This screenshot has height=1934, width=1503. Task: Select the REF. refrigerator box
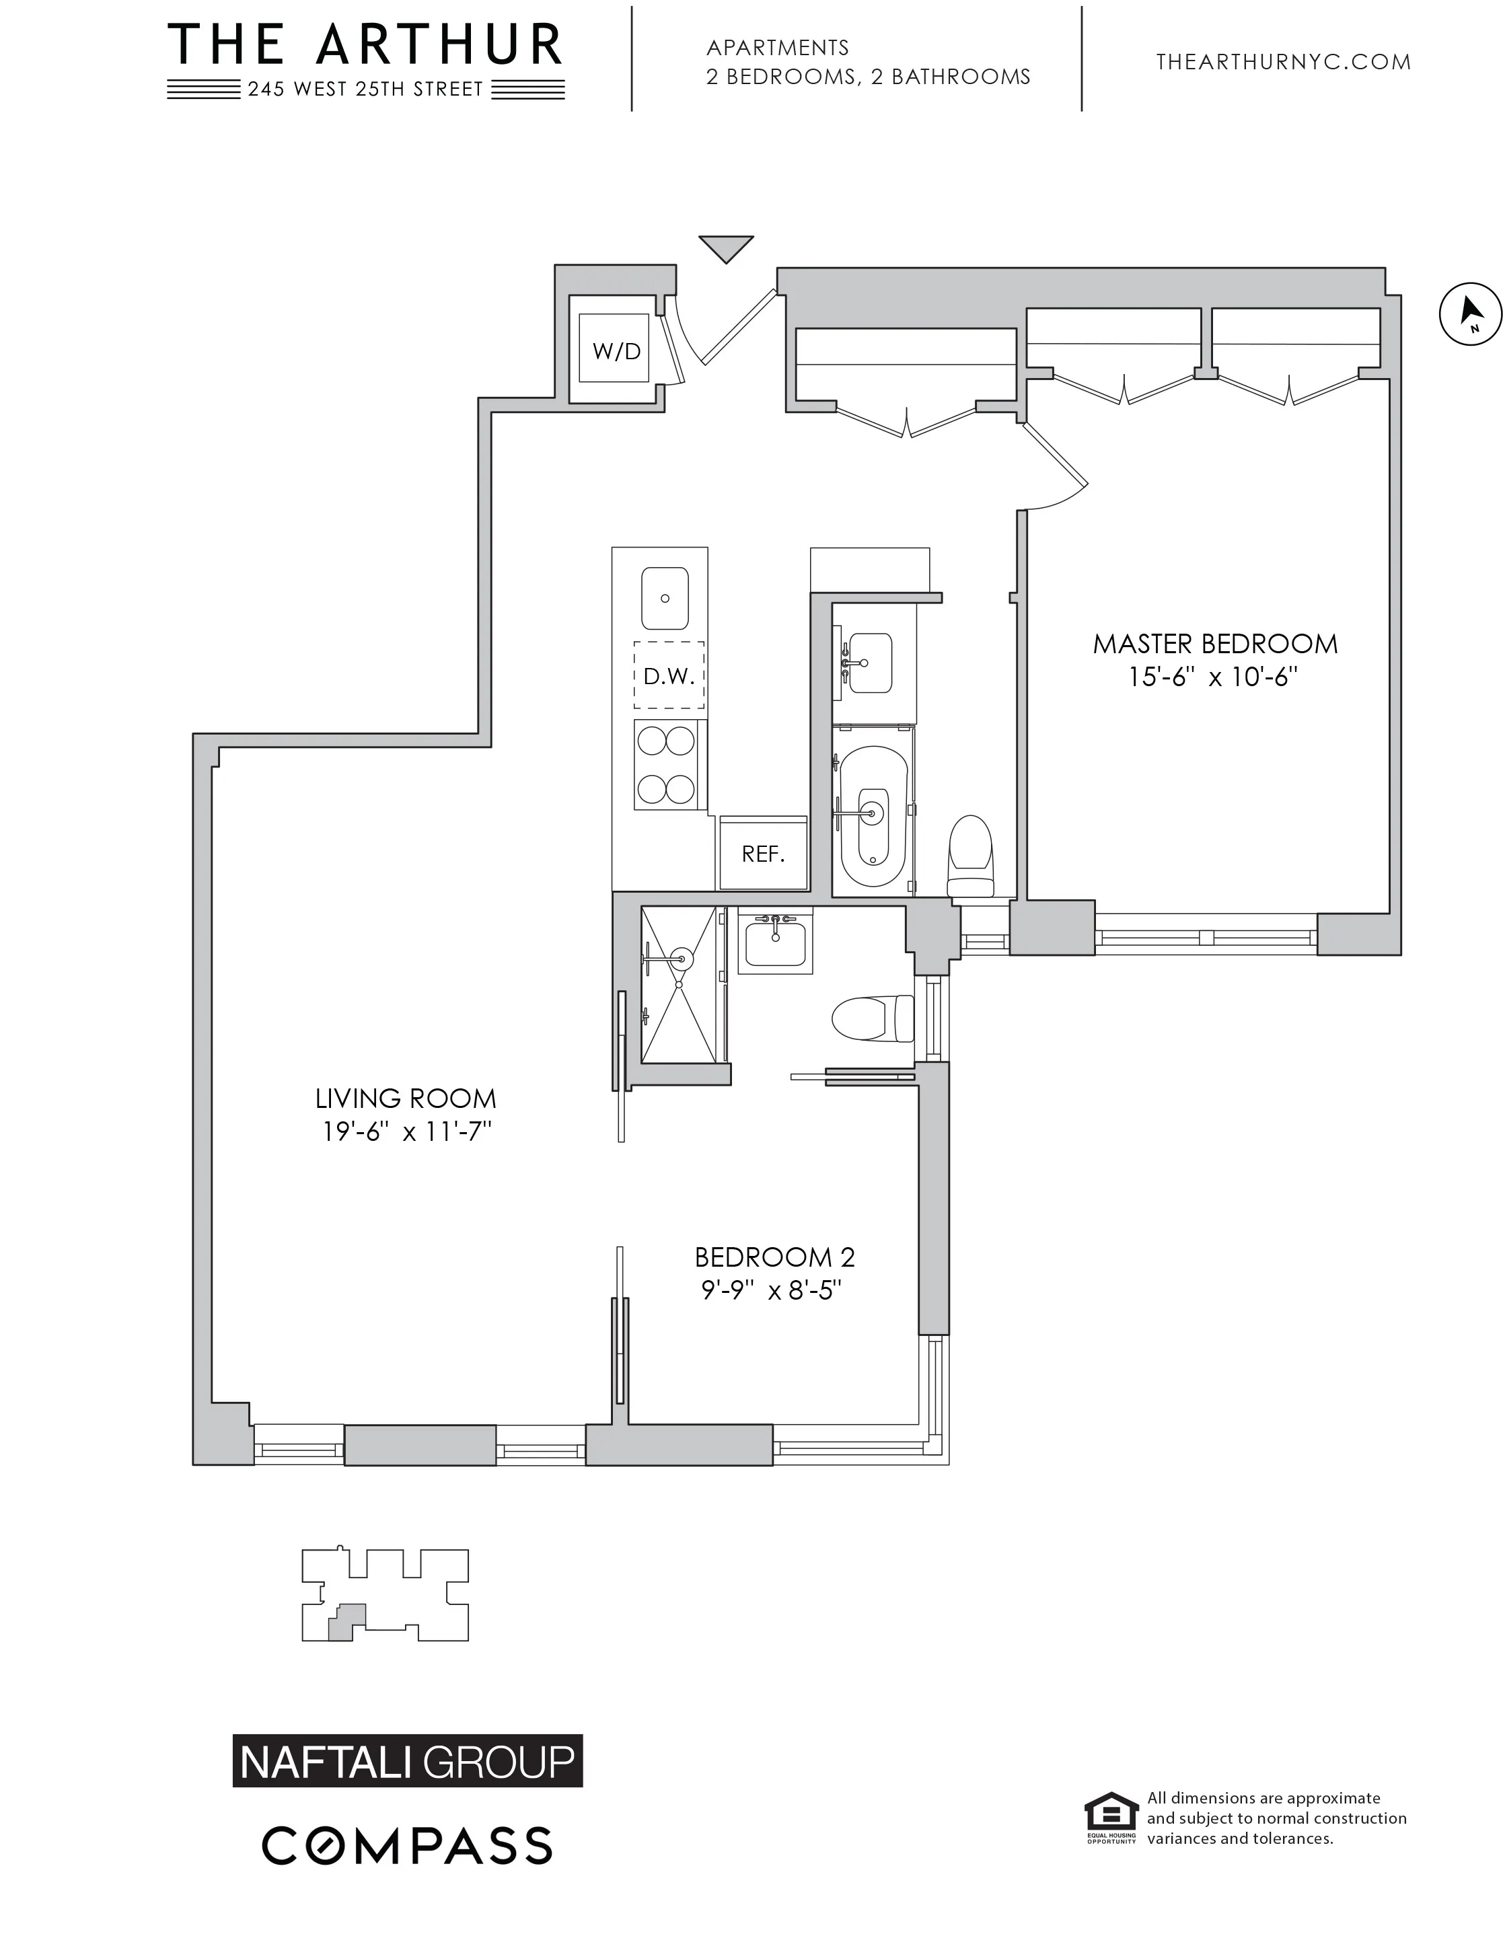point(762,853)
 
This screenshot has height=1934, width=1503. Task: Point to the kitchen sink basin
point(664,598)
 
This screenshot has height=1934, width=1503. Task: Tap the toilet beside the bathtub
point(970,854)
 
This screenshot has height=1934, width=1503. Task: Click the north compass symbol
point(1469,313)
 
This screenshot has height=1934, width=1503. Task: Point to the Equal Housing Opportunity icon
point(1111,1816)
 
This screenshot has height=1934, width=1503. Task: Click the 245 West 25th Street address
point(365,89)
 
